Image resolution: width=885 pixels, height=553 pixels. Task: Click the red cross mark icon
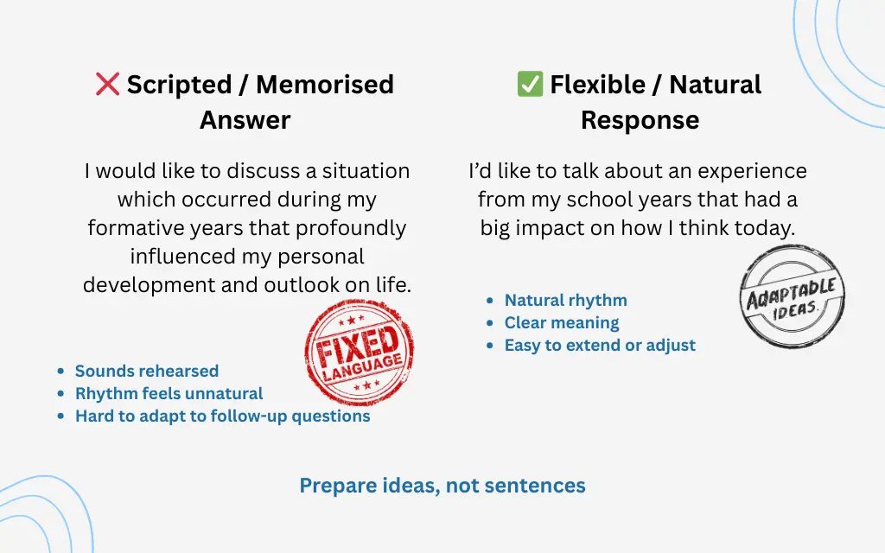(107, 84)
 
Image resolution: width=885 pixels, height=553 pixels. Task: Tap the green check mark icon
(529, 84)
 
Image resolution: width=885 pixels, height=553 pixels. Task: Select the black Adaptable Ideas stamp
(792, 296)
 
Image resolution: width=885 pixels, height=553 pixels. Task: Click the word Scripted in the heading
(179, 85)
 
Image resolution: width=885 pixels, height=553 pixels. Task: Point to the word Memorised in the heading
(325, 85)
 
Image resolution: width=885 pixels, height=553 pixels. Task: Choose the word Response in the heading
(640, 120)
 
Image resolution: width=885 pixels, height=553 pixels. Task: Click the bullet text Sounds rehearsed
(146, 371)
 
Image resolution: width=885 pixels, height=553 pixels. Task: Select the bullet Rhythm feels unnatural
(169, 393)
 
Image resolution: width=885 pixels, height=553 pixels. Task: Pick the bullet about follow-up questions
(222, 416)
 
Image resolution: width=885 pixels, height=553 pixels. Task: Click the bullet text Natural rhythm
(565, 300)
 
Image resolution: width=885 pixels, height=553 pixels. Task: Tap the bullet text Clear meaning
(562, 322)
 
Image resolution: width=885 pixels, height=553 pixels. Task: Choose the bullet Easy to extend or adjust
(600, 345)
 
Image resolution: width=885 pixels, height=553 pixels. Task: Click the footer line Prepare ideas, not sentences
(442, 486)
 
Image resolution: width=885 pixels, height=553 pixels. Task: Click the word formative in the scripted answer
(134, 228)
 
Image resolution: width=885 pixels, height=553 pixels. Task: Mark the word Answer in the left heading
(245, 120)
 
